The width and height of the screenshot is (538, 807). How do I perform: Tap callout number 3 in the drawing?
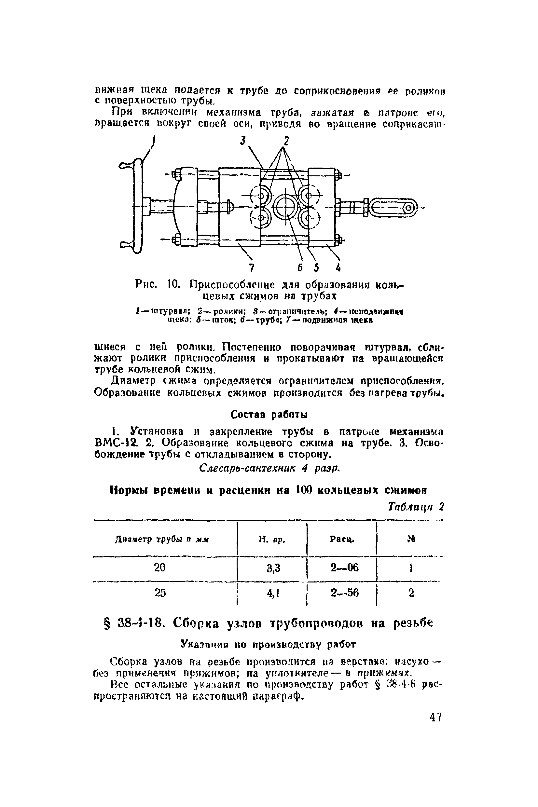click(243, 141)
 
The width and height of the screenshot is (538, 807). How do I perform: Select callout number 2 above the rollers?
click(285, 141)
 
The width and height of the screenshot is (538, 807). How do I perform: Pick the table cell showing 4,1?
click(273, 593)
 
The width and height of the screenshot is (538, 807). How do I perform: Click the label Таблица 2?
click(416, 507)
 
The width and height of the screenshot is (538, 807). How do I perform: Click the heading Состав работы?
click(269, 415)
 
